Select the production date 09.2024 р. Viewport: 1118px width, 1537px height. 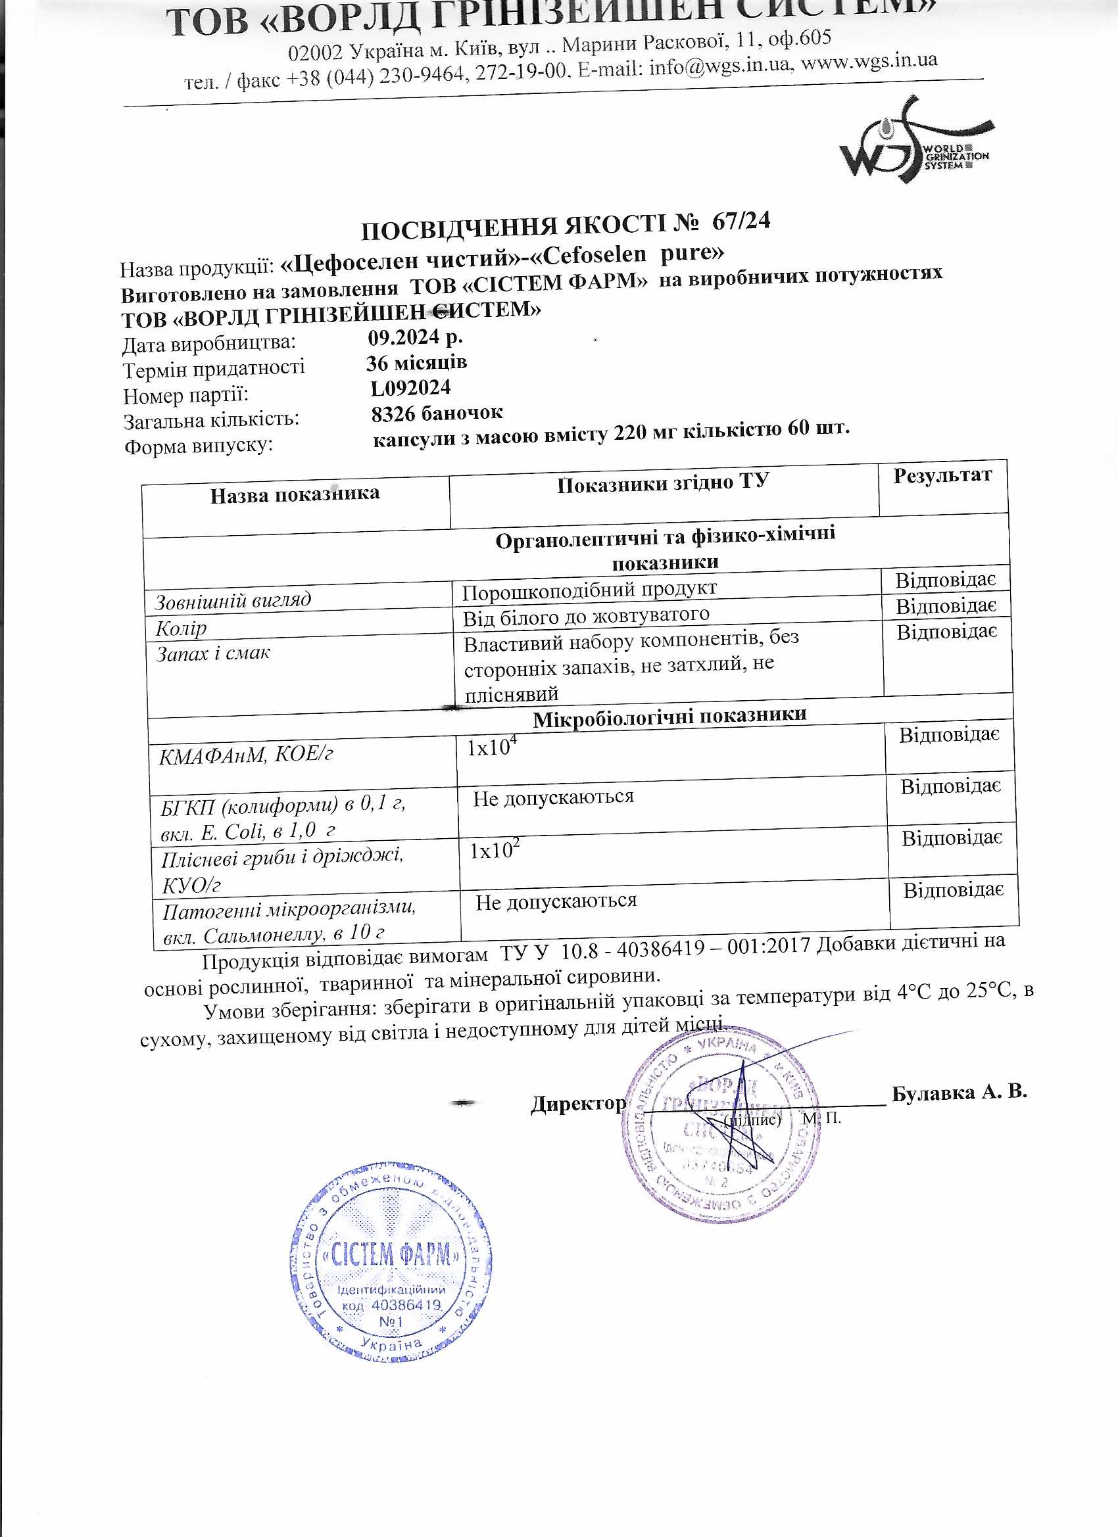(x=415, y=337)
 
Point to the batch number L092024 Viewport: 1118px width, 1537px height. (x=410, y=389)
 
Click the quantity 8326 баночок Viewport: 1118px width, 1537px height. (x=437, y=414)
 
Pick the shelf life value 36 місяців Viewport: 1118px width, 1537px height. (x=416, y=363)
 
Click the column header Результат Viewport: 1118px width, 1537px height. (x=942, y=476)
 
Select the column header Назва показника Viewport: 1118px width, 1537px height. (x=294, y=494)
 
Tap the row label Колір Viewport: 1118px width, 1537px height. (x=181, y=628)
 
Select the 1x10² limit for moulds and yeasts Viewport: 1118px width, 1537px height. (x=495, y=850)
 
